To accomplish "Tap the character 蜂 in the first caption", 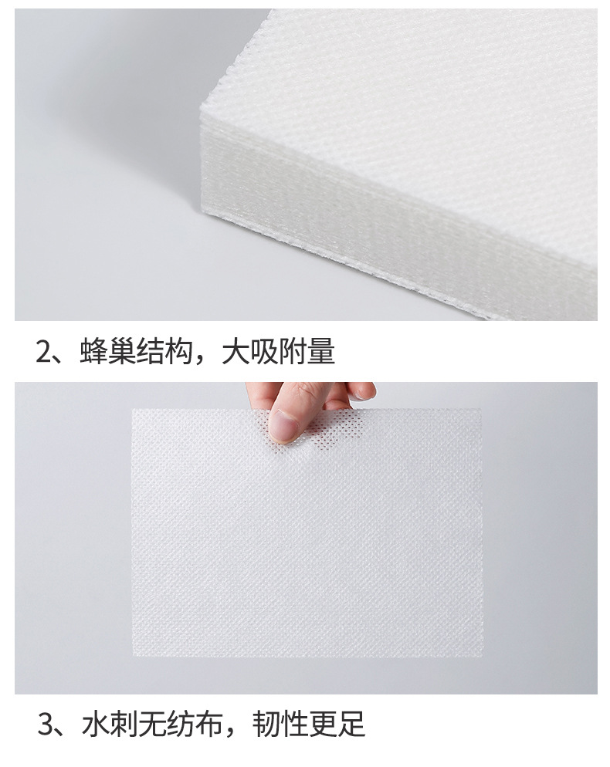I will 93,352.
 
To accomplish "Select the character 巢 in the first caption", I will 121,352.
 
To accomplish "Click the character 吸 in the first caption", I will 265,352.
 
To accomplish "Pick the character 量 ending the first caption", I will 322,352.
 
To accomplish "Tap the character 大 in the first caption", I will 236,352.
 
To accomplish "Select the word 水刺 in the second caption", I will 109,725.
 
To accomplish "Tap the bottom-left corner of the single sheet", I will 133,656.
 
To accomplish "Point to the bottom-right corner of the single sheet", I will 483,656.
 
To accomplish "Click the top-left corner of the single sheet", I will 133,410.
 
